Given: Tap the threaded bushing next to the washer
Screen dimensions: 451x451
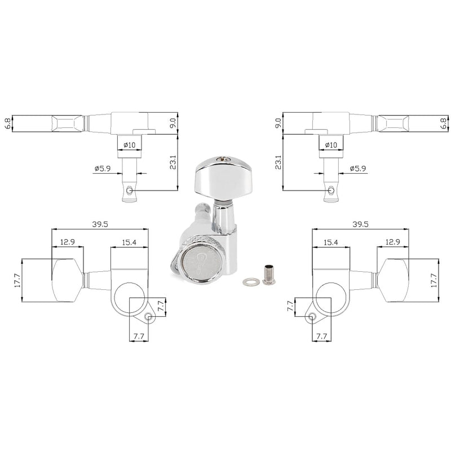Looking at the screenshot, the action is (x=269, y=275).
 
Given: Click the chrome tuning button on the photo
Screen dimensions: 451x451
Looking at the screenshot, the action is (x=223, y=179).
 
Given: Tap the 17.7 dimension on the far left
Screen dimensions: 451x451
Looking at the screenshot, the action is (x=17, y=280).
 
